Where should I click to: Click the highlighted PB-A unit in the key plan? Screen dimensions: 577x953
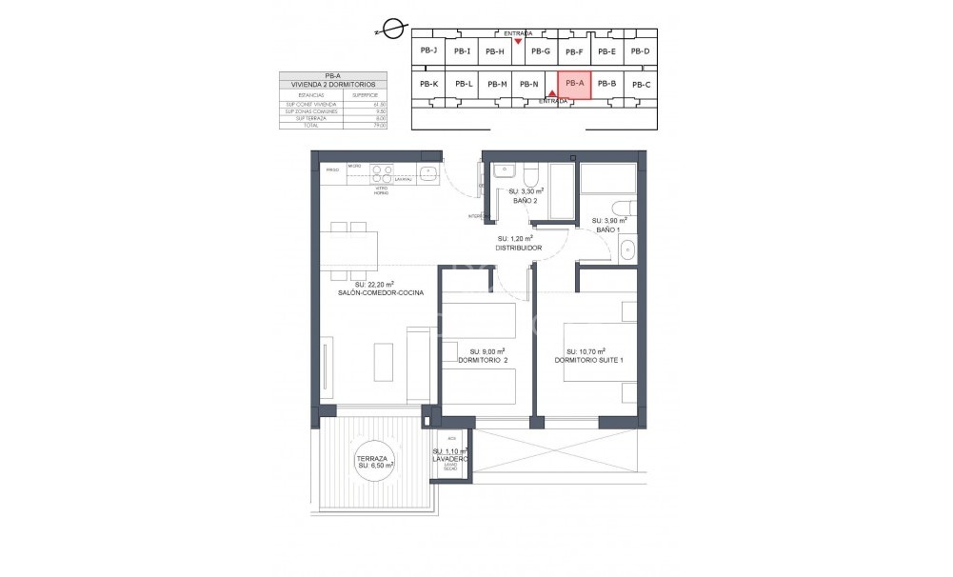pos(574,84)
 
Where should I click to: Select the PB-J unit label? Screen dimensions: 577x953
pos(428,50)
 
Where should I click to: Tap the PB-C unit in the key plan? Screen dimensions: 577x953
pos(641,85)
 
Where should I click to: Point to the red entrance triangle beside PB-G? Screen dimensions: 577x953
pos(518,42)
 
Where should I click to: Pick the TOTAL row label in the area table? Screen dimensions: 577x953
pos(309,125)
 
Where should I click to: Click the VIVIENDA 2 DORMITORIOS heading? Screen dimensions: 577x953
pos(333,85)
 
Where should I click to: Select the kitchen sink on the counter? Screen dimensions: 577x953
pos(427,173)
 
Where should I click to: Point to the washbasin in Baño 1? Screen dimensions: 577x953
pos(626,250)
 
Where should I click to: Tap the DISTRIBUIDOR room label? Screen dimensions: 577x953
pos(519,248)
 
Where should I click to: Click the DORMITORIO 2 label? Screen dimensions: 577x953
pos(483,360)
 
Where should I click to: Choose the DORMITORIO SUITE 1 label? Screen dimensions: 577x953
pos(588,360)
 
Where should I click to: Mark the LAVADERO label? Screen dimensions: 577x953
pos(449,459)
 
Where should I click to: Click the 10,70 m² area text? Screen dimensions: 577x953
pos(587,350)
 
